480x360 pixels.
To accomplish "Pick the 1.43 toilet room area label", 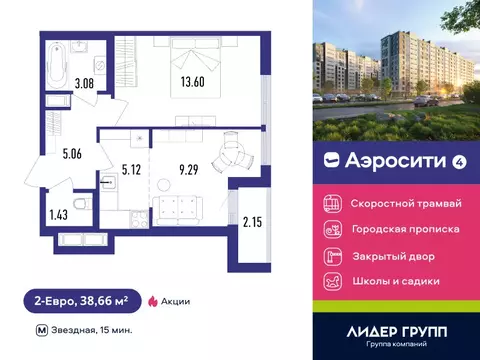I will [58, 213].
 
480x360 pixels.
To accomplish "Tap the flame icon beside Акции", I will [153, 299].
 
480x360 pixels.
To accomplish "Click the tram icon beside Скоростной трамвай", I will [330, 202].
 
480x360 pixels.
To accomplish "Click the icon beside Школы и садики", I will [330, 280].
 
